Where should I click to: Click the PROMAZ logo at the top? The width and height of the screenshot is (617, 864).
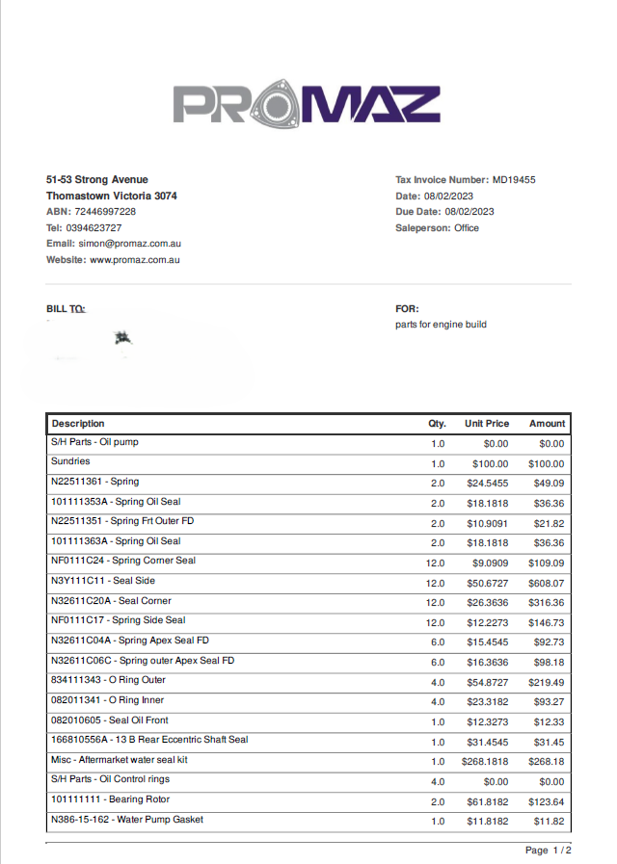307,105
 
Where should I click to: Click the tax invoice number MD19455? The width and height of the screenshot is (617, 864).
514,180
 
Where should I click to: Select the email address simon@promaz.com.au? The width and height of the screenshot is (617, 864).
130,244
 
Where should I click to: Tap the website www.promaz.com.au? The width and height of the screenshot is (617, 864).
135,260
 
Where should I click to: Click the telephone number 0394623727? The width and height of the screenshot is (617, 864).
94,228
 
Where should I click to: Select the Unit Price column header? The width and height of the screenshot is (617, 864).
487,424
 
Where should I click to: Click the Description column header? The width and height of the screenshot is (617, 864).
78,424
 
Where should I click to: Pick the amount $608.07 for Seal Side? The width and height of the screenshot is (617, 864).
547,583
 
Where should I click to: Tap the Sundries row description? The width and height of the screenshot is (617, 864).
70,462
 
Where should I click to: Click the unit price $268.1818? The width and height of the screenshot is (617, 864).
486,761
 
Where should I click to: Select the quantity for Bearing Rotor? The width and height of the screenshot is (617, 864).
438,801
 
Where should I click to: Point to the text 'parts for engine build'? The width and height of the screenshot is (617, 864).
441,325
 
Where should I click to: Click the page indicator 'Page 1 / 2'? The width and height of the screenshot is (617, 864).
548,851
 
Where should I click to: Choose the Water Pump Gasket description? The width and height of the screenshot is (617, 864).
127,820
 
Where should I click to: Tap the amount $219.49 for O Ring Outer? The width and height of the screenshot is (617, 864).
547,682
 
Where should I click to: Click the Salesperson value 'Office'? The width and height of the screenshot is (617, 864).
467,228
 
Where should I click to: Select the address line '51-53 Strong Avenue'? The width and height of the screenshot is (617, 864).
97,180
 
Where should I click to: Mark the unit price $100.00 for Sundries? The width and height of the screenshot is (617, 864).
490,464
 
